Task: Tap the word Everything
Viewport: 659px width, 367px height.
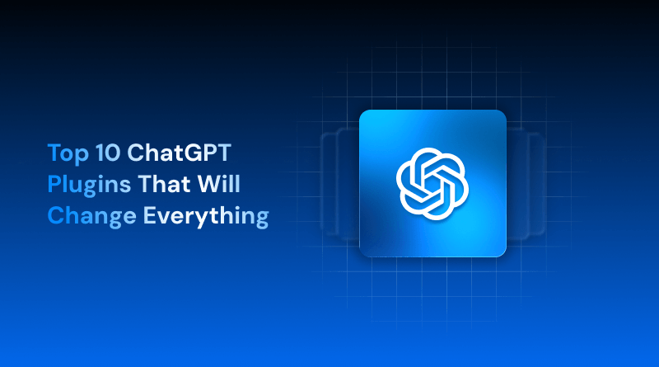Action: pyautogui.click(x=207, y=217)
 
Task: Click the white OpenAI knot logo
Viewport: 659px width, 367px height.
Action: pyautogui.click(x=432, y=184)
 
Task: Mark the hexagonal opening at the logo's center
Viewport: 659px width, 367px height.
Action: pyautogui.click(x=432, y=184)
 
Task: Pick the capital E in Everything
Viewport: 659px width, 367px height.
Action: pyautogui.click(x=151, y=216)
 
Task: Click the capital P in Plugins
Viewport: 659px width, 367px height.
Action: pyautogui.click(x=54, y=184)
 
